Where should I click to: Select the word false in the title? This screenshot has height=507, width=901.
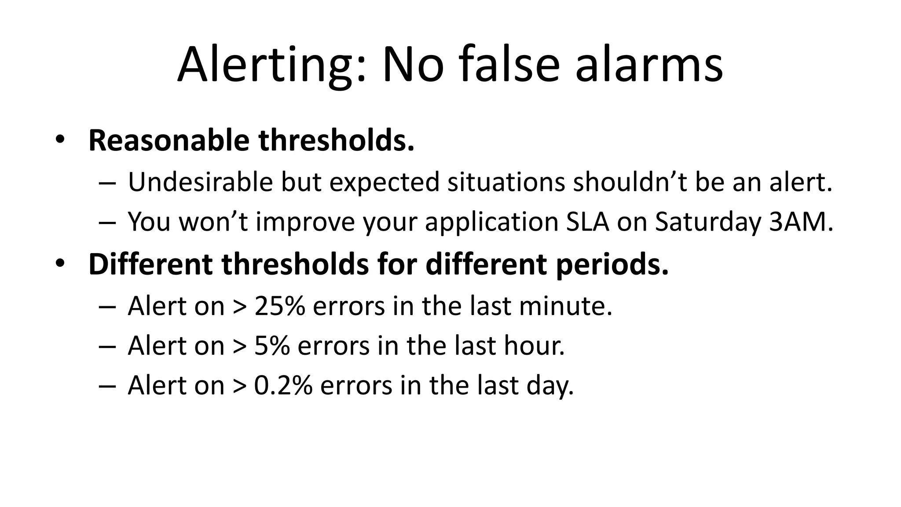[x=510, y=65]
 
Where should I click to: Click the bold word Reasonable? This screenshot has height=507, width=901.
[x=169, y=140]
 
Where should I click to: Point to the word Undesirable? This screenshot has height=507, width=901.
[x=200, y=182]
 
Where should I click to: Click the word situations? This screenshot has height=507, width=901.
[x=505, y=182]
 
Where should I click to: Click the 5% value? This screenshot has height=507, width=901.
[x=272, y=345]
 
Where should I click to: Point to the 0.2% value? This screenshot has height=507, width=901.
[x=283, y=385]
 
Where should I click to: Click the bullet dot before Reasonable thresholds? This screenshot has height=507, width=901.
[x=60, y=140]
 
